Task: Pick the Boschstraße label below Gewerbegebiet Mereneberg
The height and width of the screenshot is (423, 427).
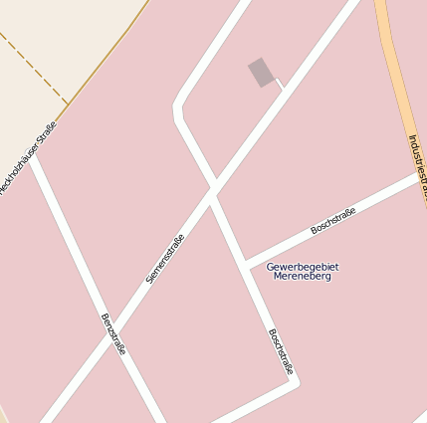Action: click(282, 351)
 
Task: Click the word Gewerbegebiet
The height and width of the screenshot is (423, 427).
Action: click(303, 266)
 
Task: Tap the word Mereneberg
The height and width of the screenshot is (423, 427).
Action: click(302, 276)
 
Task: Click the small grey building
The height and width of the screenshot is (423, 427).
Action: click(261, 72)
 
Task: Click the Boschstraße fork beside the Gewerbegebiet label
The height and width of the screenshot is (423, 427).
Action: click(245, 264)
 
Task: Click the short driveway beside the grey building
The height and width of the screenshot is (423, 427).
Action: click(280, 82)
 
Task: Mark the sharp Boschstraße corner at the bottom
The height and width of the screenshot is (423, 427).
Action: click(294, 379)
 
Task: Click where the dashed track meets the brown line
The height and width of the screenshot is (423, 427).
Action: click(68, 103)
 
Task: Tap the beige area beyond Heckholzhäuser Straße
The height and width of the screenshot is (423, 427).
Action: click(60, 30)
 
